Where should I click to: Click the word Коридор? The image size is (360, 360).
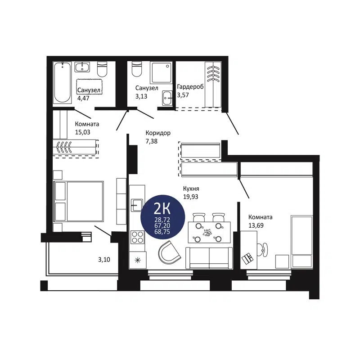pos(157,133)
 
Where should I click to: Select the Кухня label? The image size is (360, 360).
pos(191,189)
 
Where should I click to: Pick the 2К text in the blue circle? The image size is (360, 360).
pos(162,208)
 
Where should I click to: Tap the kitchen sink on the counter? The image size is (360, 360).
pos(136,205)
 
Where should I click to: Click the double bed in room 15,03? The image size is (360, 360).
pos(79,201)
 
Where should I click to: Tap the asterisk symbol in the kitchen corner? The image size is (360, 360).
pos(137,260)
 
